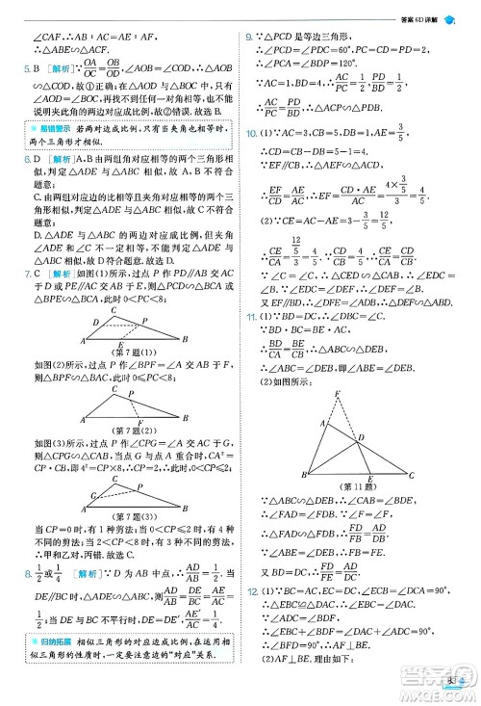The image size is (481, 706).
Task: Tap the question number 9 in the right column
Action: [250, 36]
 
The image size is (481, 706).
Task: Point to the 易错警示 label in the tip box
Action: [47, 127]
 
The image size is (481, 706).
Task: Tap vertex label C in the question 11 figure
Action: [412, 476]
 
